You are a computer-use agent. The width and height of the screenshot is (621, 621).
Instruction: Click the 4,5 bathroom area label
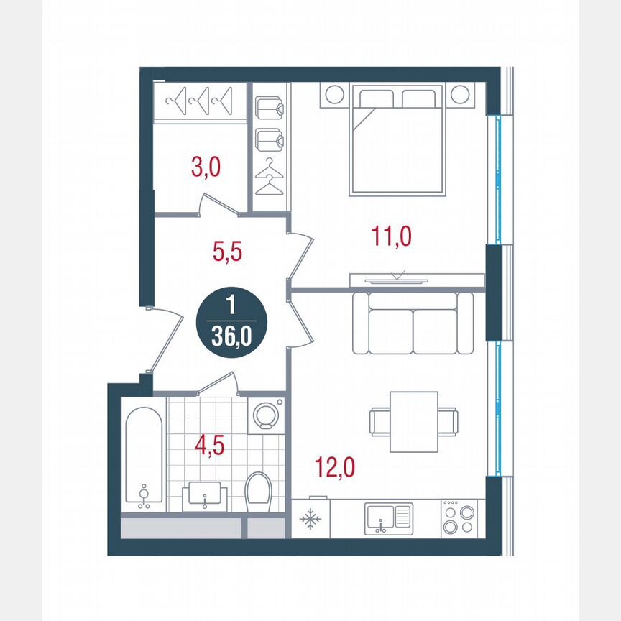[x=210, y=445]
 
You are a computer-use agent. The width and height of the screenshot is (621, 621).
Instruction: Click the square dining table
[x=413, y=421]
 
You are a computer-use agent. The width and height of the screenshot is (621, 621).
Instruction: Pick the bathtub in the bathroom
[x=144, y=458]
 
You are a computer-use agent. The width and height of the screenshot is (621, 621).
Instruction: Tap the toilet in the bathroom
[x=257, y=492]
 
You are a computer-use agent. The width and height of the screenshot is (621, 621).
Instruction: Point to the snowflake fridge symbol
[x=310, y=519]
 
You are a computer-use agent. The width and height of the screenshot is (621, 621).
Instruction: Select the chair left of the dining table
[x=380, y=421]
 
